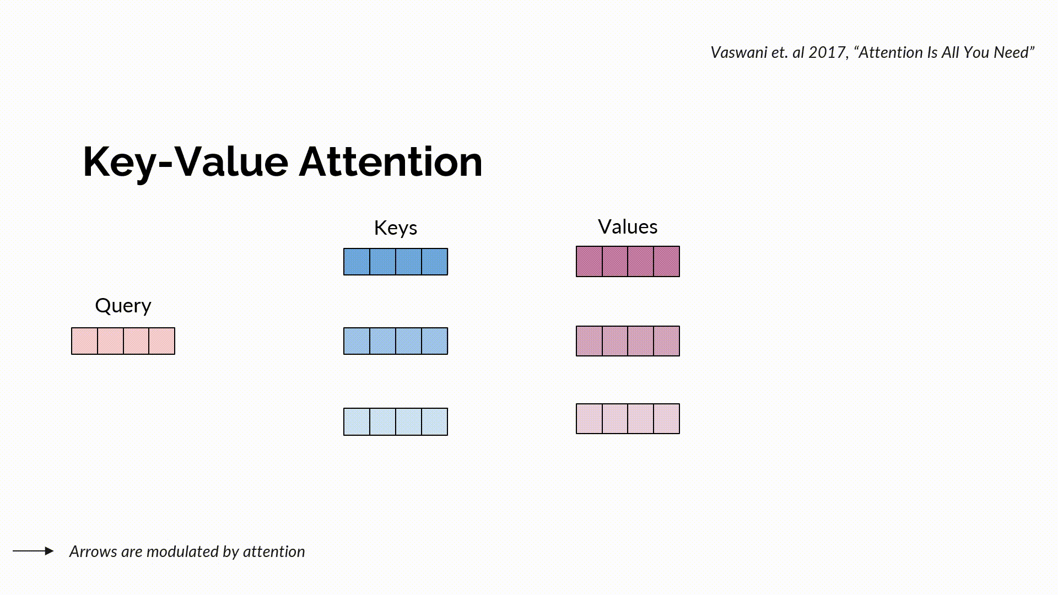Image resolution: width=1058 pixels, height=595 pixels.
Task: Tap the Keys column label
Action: click(395, 228)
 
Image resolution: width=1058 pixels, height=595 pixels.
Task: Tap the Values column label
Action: click(627, 226)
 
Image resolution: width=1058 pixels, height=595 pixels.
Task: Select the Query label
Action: click(123, 305)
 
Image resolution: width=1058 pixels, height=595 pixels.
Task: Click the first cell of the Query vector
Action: click(84, 341)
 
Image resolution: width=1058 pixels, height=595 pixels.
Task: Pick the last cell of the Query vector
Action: click(162, 341)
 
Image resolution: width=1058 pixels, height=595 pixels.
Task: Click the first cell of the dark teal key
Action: click(357, 262)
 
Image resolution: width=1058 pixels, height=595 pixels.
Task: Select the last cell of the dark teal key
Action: click(435, 262)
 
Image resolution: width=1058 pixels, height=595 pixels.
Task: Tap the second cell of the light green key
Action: click(382, 341)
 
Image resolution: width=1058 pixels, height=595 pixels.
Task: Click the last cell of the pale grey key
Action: click(435, 421)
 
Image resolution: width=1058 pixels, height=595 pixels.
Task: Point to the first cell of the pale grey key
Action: click(357, 421)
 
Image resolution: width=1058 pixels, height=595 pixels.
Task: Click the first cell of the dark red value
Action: click(589, 261)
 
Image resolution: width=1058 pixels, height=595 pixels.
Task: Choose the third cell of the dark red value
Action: click(640, 261)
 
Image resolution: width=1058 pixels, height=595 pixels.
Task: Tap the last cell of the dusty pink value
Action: click(666, 341)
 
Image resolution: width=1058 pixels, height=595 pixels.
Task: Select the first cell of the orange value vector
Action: click(589, 419)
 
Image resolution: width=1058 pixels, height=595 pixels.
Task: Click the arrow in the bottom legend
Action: click(33, 550)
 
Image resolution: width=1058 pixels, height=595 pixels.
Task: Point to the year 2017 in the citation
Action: click(827, 52)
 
